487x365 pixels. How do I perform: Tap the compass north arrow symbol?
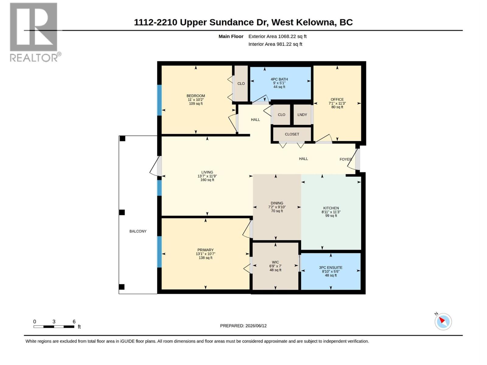(443, 322)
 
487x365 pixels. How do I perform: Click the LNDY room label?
(302, 115)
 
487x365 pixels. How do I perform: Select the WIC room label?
(275, 262)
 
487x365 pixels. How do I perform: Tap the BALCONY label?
(138, 231)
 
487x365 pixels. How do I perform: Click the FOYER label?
(345, 159)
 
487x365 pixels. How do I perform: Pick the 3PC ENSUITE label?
(331, 267)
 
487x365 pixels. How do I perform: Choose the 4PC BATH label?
(279, 79)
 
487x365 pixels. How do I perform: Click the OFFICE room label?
(337, 99)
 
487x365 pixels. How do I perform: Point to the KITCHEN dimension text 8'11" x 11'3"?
(331, 212)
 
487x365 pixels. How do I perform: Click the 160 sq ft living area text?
(207, 180)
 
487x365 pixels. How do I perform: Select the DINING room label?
(277, 203)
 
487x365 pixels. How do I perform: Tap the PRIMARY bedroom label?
(205, 250)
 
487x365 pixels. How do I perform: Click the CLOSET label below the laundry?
(292, 134)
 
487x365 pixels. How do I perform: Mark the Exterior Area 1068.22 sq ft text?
(277, 36)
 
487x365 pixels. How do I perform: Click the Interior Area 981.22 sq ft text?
(275, 44)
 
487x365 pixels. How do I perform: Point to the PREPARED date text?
(243, 325)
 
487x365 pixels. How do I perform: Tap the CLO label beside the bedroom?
(241, 84)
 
